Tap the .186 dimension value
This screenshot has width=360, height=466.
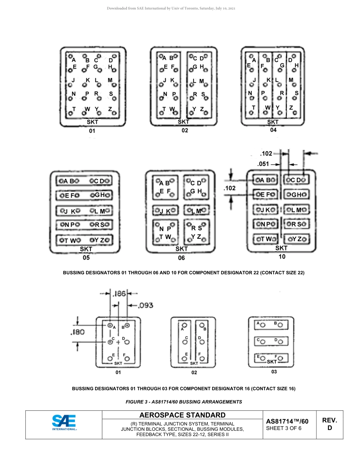click(118, 294)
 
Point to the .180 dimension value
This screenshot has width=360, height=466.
click(77, 332)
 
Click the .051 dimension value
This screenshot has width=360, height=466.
click(263, 164)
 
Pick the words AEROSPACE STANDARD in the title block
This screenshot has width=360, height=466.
click(182, 415)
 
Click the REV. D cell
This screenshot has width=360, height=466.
click(329, 424)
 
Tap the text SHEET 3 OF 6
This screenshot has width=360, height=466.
click(284, 428)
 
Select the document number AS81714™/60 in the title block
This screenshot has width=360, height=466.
click(287, 421)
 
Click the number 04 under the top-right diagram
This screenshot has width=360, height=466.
click(273, 130)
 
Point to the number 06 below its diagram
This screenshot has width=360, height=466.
click(182, 258)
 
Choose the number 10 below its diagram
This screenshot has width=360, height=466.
click(282, 256)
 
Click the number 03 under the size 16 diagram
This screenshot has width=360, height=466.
click(274, 372)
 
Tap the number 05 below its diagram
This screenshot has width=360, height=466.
click(86, 258)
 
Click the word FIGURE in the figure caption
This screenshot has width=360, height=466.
click(136, 402)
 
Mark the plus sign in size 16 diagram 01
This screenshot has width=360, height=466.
click(118, 342)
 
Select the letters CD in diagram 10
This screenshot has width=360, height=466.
click(296, 180)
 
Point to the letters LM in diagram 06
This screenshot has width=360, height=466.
click(196, 211)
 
